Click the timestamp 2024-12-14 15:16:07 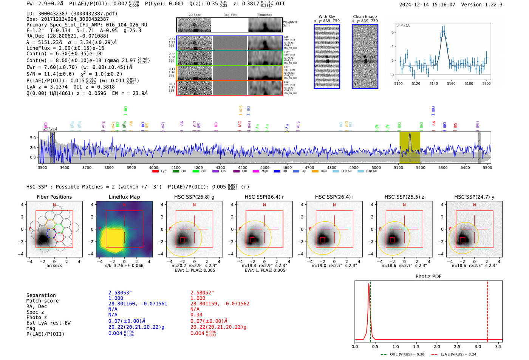pos(427,5)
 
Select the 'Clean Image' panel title pos(365,17)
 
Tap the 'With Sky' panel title pos(327,17)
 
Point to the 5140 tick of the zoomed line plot pos(433,83)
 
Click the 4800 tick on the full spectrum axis pos(332,168)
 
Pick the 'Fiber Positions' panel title pos(54,197)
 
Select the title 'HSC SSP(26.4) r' pos(264,197)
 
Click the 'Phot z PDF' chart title pos(428,277)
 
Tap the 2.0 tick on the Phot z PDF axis pos(436,346)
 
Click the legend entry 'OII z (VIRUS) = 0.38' pos(406,354)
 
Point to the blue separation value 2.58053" pos(120,293)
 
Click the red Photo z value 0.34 pos(196,315)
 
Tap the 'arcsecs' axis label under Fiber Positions pos(54,266)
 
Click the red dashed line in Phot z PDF pos(487,310)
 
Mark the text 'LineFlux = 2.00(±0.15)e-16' pos(65,48)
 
